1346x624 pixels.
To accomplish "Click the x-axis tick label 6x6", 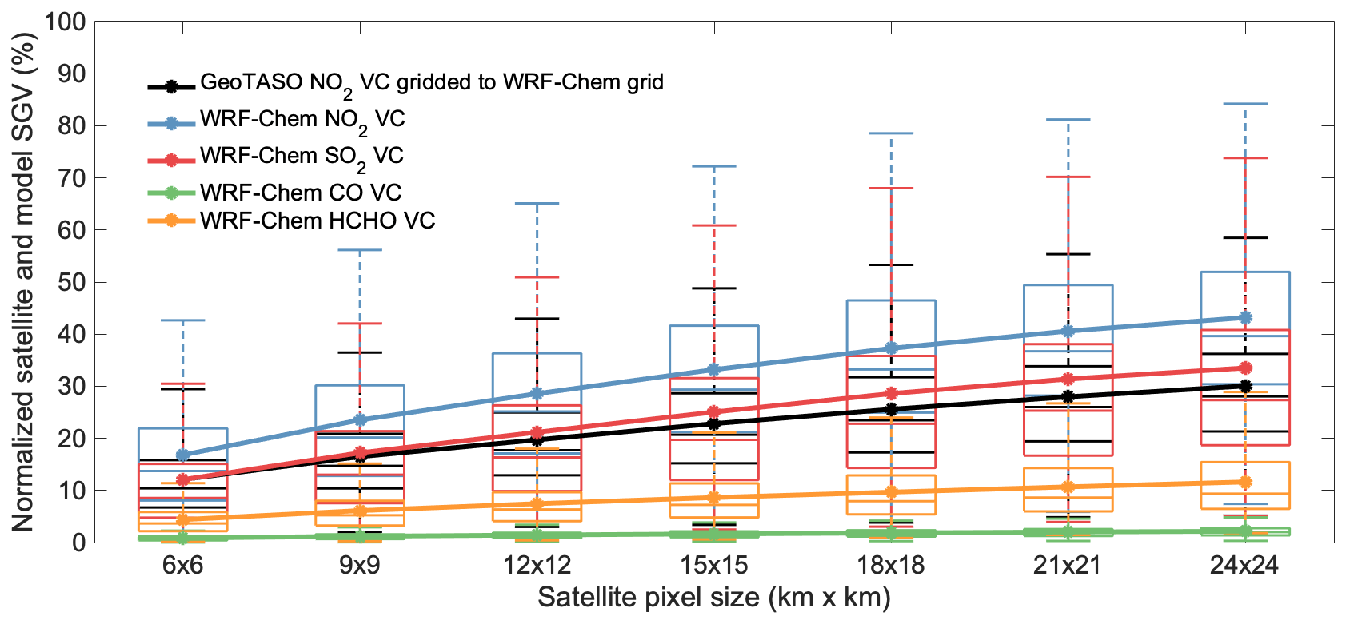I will click(182, 566).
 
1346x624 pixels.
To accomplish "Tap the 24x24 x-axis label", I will click(1244, 566).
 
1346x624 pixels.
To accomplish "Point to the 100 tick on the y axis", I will click(65, 22).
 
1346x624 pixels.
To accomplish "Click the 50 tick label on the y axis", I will click(70, 282).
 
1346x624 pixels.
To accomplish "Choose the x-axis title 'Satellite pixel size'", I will click(713, 598).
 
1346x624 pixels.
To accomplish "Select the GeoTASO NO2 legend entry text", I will click(431, 83).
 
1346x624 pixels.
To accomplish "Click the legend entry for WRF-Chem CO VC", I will click(301, 193).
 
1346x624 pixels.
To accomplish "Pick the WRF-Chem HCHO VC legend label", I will click(318, 221).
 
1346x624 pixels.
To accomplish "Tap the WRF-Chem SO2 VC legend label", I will click(302, 157).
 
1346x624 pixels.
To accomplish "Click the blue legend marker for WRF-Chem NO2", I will click(171, 123).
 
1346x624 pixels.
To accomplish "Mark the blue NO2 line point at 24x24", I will click(1244, 318).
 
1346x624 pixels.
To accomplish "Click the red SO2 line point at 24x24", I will click(1244, 368).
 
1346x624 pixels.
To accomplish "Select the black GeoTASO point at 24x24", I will click(1244, 386).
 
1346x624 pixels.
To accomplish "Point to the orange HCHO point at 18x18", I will click(891, 492).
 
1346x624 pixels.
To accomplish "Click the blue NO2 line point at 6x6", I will click(182, 455).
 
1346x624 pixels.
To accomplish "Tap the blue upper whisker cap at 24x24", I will click(1244, 104).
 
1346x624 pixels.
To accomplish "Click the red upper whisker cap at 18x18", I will click(891, 189).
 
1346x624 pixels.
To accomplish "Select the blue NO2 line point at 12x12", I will click(537, 394).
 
